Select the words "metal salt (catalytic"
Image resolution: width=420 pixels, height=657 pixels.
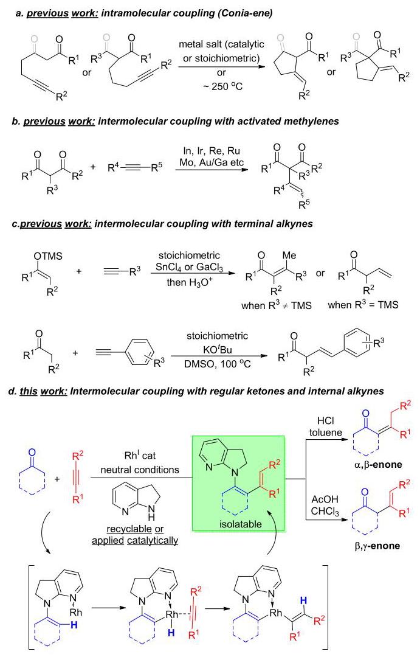(x=221, y=44)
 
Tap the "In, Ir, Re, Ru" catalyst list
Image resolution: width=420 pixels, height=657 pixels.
(x=212, y=151)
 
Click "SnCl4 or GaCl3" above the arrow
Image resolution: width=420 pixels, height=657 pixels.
(x=189, y=268)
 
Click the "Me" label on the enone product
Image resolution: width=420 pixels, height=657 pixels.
(x=289, y=255)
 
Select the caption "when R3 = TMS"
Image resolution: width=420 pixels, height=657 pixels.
(x=363, y=305)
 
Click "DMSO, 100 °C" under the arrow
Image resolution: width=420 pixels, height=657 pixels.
(x=218, y=364)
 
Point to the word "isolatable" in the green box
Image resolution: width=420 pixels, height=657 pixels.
(x=240, y=524)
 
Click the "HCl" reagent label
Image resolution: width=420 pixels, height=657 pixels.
(x=325, y=421)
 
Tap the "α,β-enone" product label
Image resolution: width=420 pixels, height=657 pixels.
(x=378, y=464)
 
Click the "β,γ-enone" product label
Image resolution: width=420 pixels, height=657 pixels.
(x=377, y=546)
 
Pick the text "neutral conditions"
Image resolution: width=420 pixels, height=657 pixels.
(x=140, y=470)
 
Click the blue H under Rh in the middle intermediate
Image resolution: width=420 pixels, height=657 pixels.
(x=171, y=633)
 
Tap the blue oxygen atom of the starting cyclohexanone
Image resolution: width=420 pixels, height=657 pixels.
(x=32, y=453)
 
